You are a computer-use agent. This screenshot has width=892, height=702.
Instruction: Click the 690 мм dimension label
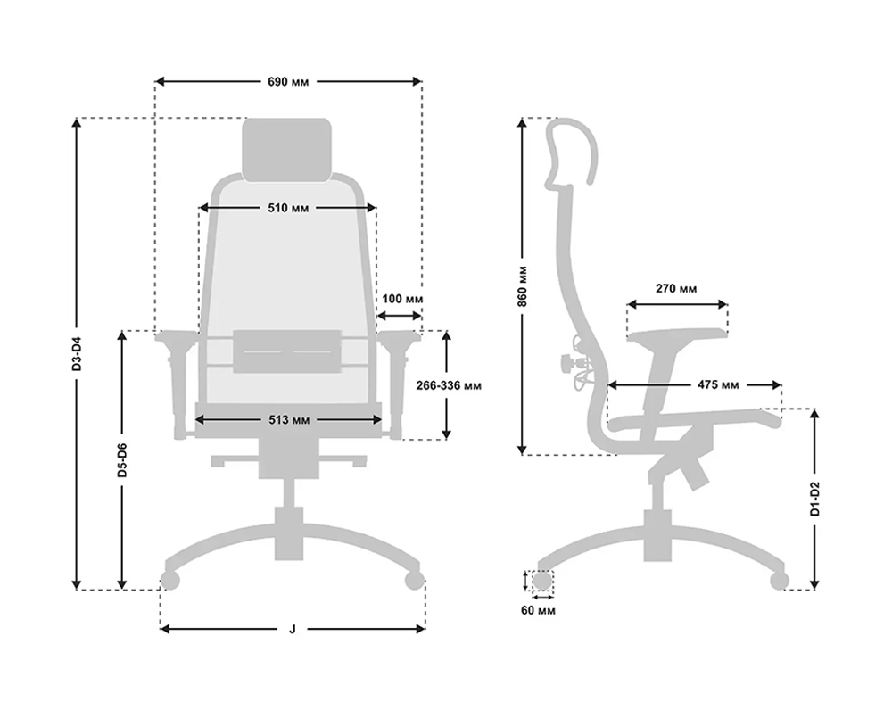pos(288,82)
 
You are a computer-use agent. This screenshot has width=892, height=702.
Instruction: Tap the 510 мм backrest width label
pos(288,208)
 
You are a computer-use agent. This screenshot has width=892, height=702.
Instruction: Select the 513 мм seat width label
pos(289,420)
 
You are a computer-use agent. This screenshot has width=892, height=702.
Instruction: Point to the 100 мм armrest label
pos(402,299)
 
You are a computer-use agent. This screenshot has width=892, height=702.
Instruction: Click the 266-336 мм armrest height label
pos(449,385)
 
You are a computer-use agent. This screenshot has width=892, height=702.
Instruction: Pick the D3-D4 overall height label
pos(77,354)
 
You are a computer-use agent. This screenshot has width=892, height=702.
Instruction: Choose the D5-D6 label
pos(122,459)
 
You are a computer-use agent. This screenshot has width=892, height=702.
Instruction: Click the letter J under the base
pos(293,629)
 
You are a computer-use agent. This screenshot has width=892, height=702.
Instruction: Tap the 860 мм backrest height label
pos(522,286)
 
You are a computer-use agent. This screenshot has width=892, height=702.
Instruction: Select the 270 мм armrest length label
pos(676,289)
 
